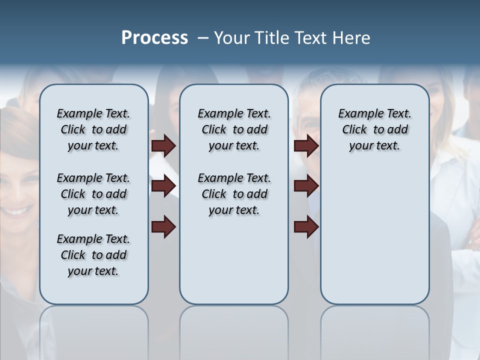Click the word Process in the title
click(x=154, y=38)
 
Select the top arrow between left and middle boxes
click(x=163, y=145)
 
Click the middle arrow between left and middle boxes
click(x=163, y=186)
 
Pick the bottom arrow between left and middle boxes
click(x=163, y=226)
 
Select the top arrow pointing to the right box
click(x=306, y=145)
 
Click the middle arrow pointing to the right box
click(x=306, y=186)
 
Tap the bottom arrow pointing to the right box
click(x=306, y=226)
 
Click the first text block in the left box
click(x=93, y=129)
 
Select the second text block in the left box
click(x=93, y=194)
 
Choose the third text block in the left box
click(x=93, y=255)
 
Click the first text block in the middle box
click(x=234, y=129)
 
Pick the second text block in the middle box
click(x=234, y=194)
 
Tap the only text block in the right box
click(x=374, y=129)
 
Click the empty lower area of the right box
click(x=374, y=240)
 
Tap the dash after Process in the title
click(x=203, y=38)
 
